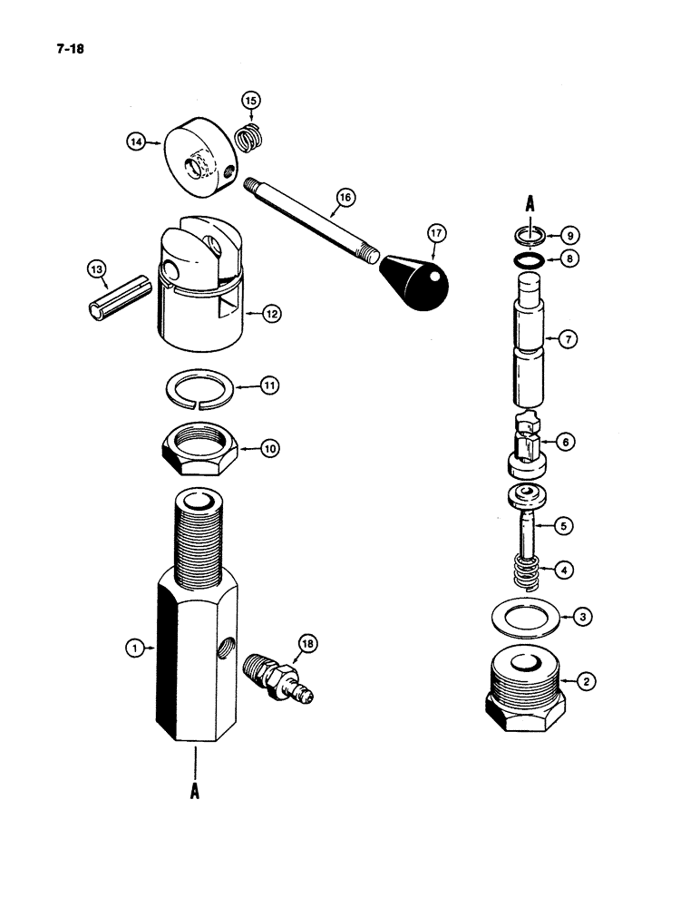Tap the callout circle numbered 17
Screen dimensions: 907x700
[x=437, y=234]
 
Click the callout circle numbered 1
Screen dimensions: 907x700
[x=135, y=648]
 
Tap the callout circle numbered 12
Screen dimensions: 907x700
[x=270, y=314]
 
